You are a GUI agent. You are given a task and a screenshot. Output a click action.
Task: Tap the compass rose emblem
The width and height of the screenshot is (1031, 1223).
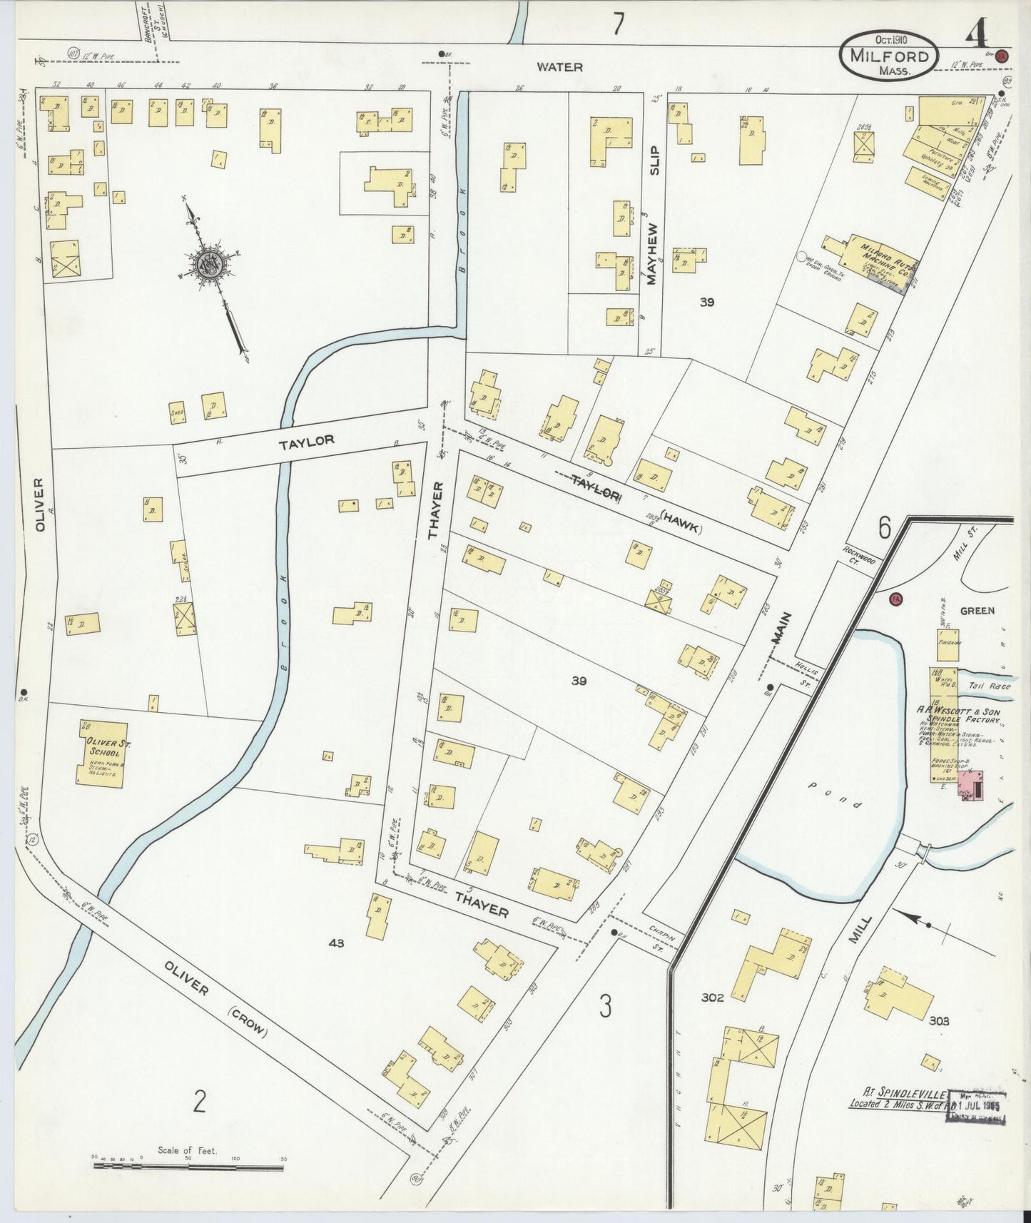point(212,263)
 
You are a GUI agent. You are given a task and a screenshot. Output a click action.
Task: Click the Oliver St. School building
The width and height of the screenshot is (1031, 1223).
point(102,754)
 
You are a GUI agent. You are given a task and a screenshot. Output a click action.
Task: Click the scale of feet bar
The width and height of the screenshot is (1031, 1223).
point(188,1165)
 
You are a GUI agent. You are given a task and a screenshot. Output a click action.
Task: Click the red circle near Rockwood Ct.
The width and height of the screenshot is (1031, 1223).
point(896,599)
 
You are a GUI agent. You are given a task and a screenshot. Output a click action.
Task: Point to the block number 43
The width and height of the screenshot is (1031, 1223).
point(336,943)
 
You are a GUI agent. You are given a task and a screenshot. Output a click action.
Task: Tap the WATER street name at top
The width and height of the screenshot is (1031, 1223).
point(559,67)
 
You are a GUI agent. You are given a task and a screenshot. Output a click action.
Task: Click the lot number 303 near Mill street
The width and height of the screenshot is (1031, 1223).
point(939,1021)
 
